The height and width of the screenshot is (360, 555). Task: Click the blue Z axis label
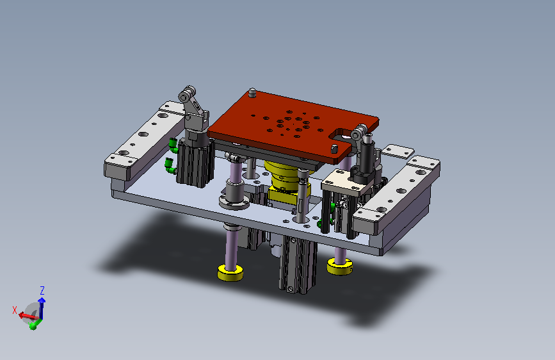tap(42, 291)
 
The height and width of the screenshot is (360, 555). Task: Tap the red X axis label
tap(15, 311)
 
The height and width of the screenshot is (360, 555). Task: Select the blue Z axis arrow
tap(42, 307)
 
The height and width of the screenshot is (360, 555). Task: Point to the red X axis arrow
tap(28, 315)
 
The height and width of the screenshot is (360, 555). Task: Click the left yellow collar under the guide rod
tap(230, 273)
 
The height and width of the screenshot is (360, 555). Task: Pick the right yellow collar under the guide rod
tap(339, 266)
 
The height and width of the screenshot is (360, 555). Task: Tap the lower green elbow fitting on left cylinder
tap(170, 166)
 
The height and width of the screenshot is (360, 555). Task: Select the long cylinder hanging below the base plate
tap(297, 264)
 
